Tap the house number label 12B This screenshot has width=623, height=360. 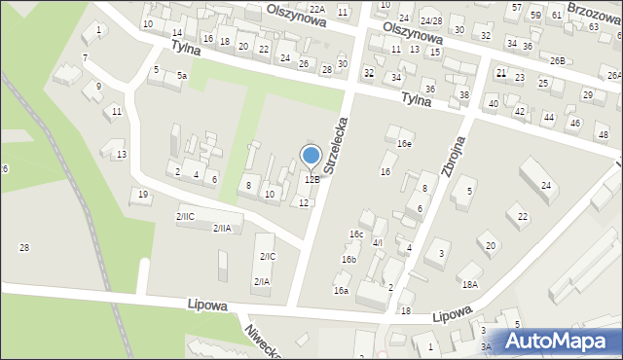pos(311,179)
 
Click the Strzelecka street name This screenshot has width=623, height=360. pos(335,146)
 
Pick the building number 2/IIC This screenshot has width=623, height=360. pos(185,215)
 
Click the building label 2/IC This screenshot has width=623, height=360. pos(267,256)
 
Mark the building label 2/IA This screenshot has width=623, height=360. pos(262,281)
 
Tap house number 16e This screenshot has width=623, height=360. pos(404,143)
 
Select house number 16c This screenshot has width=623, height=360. pos(357,234)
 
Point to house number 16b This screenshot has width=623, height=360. pos(348,260)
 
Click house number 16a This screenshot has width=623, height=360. pos(341,290)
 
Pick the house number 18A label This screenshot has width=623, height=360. pos(470,285)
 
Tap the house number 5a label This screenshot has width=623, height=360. pos(181,75)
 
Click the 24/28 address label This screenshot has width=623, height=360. pos(431,20)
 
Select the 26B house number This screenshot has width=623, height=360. pos(556,60)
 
